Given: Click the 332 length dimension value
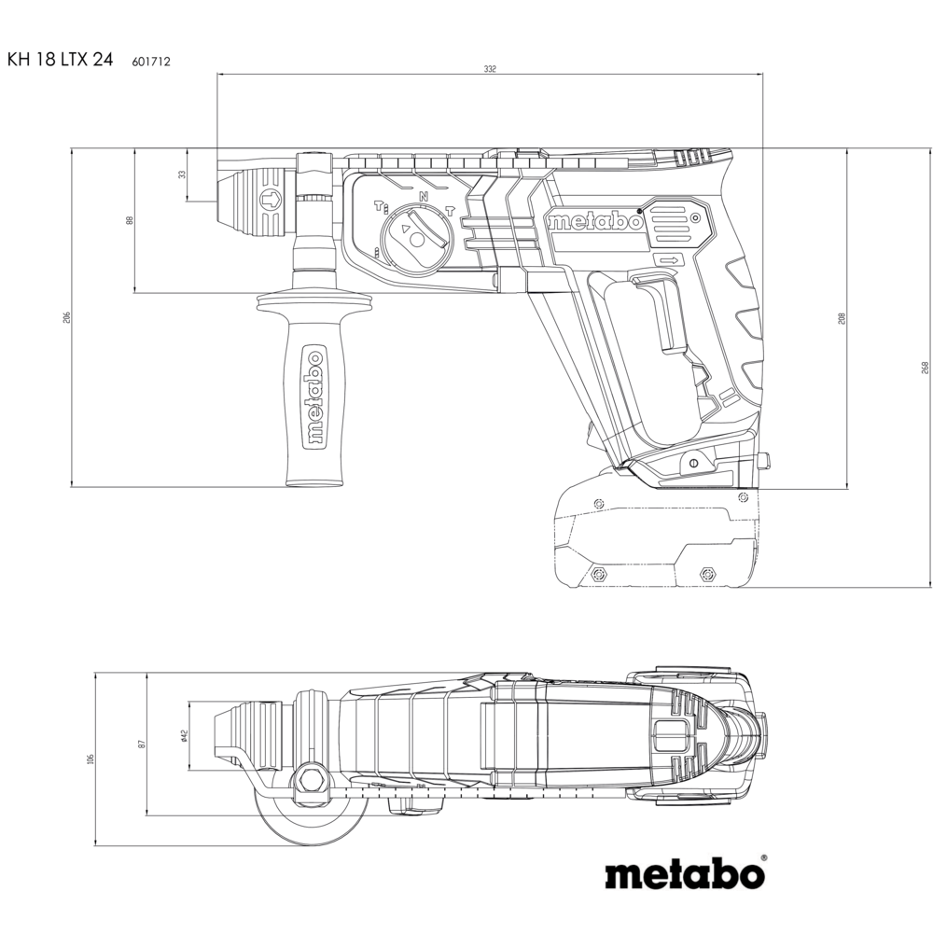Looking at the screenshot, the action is tap(489, 69).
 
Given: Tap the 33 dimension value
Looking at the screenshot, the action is tap(182, 174).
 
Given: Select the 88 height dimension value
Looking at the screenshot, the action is tap(130, 220).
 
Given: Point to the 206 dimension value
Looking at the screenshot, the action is tap(66, 317).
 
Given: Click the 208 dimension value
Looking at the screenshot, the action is tap(842, 318).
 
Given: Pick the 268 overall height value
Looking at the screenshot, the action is tap(925, 367).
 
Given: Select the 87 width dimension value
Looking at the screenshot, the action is tap(142, 744).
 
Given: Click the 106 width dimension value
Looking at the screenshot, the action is tap(91, 759).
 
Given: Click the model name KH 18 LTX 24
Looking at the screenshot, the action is tap(60, 59).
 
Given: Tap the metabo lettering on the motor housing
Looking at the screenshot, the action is tap(595, 221).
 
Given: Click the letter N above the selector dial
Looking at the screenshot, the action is tap(424, 196).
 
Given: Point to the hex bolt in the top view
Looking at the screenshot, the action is tap(311, 778).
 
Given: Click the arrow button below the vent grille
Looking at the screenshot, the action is tap(669, 260).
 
